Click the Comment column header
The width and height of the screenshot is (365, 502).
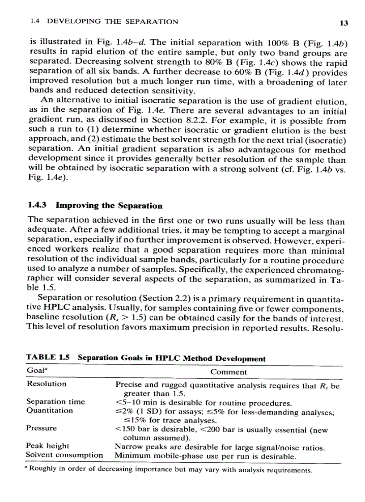pyautogui.click(x=228, y=372)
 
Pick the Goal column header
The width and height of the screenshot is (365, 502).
pyautogui.click(x=35, y=371)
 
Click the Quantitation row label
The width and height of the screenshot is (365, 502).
pyautogui.click(x=50, y=410)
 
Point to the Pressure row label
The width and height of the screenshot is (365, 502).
pyautogui.click(x=42, y=428)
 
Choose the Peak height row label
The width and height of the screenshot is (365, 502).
pyautogui.click(x=48, y=446)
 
